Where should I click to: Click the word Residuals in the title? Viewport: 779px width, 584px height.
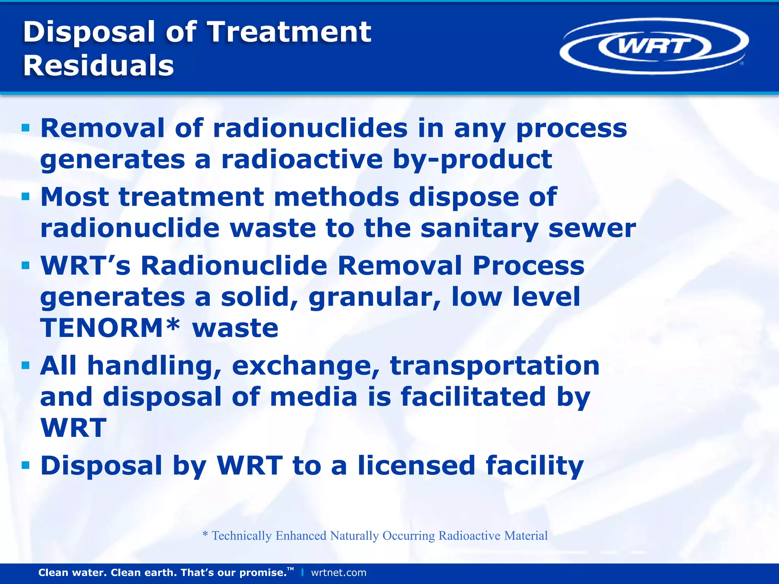[x=99, y=65]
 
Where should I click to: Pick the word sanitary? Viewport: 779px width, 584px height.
[x=479, y=229]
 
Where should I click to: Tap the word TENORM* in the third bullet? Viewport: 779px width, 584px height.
[x=110, y=328]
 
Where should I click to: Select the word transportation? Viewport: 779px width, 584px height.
[x=495, y=365]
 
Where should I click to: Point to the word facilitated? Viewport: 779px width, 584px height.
[x=473, y=397]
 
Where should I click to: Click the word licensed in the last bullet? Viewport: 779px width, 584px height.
[x=416, y=466]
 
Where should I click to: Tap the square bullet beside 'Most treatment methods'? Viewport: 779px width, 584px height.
[x=25, y=197]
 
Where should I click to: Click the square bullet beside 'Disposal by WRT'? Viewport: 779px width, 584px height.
[x=25, y=465]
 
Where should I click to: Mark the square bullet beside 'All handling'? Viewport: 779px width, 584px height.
[x=25, y=365]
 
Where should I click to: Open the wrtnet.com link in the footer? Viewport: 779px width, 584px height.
[x=339, y=573]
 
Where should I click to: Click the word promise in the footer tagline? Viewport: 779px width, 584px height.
[x=263, y=573]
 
